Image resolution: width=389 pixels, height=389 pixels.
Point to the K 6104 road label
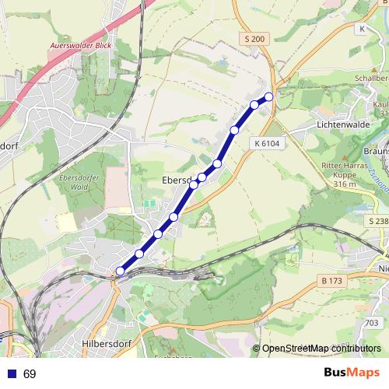click(x=265, y=143)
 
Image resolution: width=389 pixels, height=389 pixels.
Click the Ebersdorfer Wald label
click(x=75, y=183)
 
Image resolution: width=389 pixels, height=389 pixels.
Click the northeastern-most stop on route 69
click(x=269, y=96)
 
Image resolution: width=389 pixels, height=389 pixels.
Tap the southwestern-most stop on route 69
click(x=119, y=271)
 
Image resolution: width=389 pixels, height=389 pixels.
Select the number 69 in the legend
click(x=30, y=374)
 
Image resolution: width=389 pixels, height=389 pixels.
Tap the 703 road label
click(x=373, y=323)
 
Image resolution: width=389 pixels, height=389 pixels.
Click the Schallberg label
click(x=371, y=79)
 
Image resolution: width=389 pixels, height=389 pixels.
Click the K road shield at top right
click(x=362, y=29)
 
